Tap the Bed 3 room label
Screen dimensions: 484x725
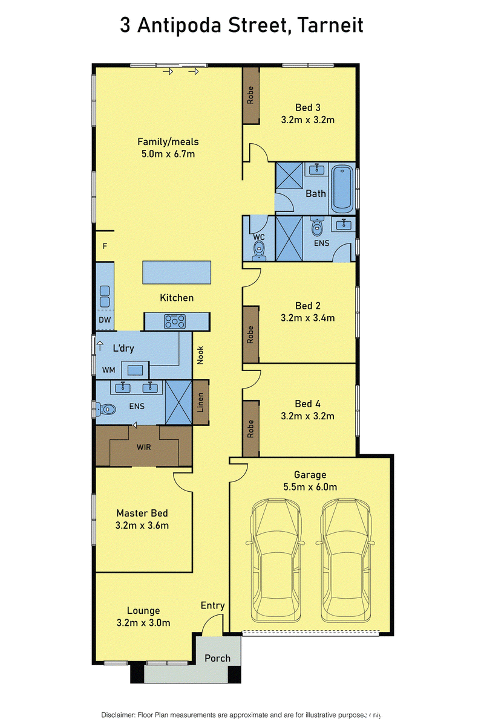(x=308, y=108)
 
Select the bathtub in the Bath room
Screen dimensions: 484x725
(x=342, y=189)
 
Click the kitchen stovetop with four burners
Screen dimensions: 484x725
(x=175, y=321)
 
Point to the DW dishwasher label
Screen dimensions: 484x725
(x=105, y=320)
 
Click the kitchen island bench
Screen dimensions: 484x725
(x=177, y=272)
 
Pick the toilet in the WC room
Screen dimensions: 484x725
(x=259, y=251)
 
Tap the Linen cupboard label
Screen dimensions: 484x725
(x=200, y=402)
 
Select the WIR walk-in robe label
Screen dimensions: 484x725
(x=143, y=447)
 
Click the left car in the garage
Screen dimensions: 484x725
(x=276, y=560)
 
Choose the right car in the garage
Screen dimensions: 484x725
(x=346, y=560)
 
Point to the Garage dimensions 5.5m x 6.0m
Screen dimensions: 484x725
(x=310, y=487)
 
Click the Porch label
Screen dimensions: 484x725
(x=218, y=658)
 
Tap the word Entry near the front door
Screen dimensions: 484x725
(x=213, y=605)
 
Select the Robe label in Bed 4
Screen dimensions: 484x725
(x=250, y=429)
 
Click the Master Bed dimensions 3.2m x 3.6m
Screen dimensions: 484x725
(x=142, y=525)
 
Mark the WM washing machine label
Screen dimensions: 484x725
(x=109, y=370)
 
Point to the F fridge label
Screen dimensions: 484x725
(x=105, y=246)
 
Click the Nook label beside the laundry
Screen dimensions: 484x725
(x=200, y=355)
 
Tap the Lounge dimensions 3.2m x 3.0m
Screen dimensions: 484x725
(x=143, y=622)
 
